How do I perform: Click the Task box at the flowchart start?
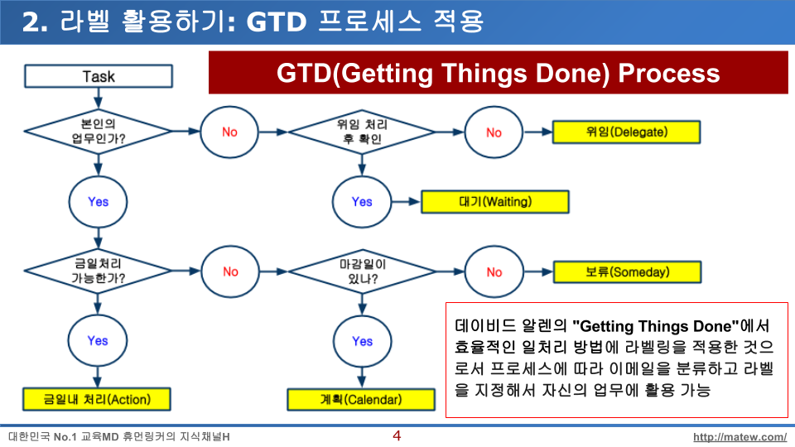[99, 76]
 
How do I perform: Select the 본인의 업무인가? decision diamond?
[98, 132]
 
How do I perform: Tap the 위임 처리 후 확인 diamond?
[362, 132]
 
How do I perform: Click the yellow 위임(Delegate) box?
[626, 132]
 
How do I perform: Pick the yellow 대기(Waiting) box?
[495, 202]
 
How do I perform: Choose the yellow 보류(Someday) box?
[627, 272]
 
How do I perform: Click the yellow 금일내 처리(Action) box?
[96, 399]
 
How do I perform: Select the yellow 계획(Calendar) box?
[361, 399]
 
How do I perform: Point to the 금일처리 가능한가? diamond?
[98, 272]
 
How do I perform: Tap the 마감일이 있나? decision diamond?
[362, 272]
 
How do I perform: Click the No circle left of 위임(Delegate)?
[494, 132]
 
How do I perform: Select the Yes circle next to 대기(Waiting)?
[362, 202]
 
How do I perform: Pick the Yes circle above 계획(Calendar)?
[362, 342]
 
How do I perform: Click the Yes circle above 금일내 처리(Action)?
[98, 340]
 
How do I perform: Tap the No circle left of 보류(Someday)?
[494, 272]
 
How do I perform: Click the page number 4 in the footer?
[397, 435]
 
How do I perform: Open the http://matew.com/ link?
[740, 437]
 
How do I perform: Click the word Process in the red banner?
[669, 74]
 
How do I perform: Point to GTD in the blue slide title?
[277, 22]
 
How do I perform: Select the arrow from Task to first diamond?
[98, 99]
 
